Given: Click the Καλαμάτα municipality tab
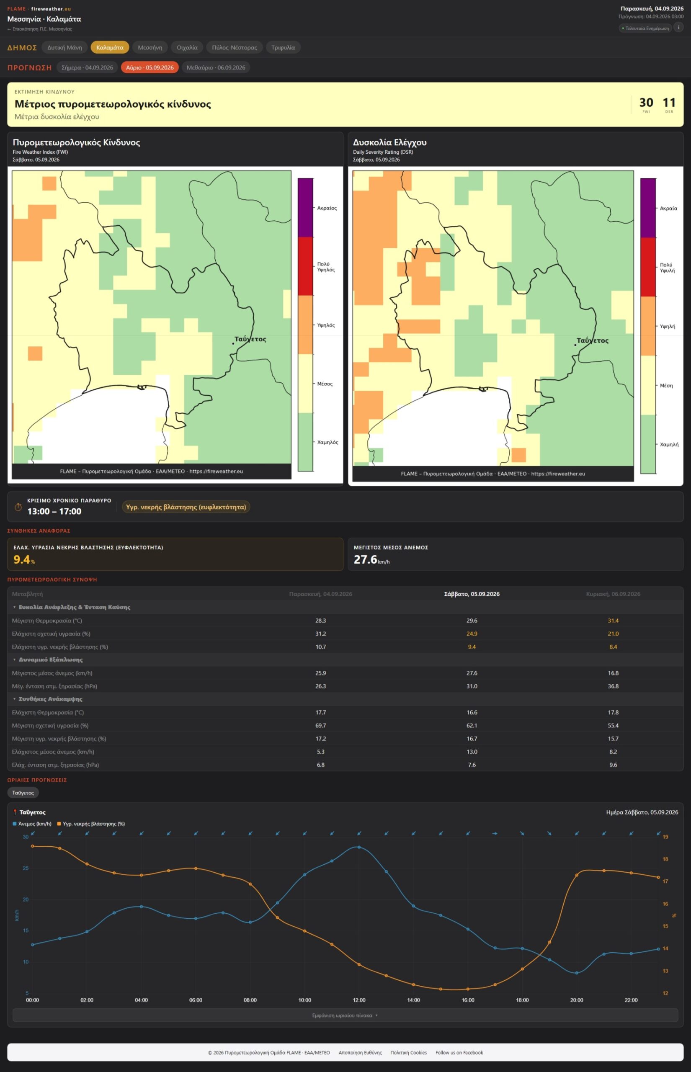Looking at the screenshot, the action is click(x=110, y=47).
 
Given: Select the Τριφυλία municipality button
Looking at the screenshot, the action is click(x=283, y=47).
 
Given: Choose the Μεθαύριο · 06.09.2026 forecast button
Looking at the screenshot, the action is click(x=216, y=67).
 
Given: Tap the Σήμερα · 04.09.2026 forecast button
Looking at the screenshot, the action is click(x=87, y=67).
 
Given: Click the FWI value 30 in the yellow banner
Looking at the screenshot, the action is click(x=646, y=103).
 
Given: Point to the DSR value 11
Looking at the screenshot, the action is click(x=669, y=103).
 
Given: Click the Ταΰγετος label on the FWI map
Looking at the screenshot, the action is click(x=250, y=339).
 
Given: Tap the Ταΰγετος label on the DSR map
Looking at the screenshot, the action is click(x=592, y=340).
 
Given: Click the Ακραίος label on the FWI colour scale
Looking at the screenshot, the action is click(x=327, y=208).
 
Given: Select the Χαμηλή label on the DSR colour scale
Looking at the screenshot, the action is click(x=669, y=444).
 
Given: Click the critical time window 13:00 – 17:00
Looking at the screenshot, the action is click(x=54, y=511).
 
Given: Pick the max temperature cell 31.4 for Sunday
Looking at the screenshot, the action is click(x=613, y=620).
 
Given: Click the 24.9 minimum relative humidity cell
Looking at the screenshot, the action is click(x=472, y=633).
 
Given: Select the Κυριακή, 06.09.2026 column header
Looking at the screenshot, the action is click(x=613, y=594).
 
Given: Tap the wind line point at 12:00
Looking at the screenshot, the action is click(x=359, y=847).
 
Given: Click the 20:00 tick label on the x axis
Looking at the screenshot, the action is click(x=577, y=1000).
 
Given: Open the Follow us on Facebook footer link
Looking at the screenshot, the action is click(x=459, y=1052).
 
